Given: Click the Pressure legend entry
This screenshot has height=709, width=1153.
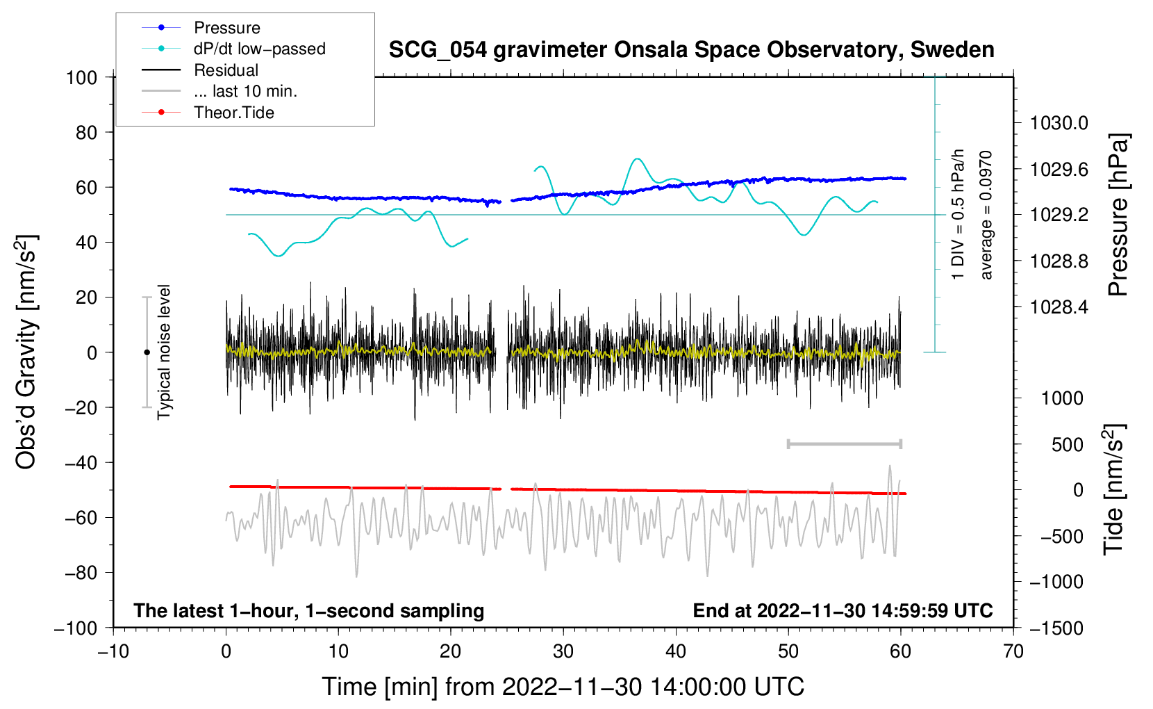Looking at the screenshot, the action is (201, 27).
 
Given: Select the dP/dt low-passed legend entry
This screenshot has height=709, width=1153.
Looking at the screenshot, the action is (233, 49).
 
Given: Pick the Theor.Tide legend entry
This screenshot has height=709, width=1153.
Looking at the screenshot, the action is (208, 113).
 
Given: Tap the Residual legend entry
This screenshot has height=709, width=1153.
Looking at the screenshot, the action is (200, 70).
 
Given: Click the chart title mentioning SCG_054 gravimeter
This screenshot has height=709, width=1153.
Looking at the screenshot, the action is (691, 50).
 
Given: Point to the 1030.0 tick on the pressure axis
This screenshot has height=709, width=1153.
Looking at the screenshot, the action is (1059, 123).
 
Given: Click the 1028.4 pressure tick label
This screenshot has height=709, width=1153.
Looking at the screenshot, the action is (1059, 307).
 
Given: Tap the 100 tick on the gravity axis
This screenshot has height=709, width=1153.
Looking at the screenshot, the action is (81, 78).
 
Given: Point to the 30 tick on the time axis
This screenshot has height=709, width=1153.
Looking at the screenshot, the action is (563, 651).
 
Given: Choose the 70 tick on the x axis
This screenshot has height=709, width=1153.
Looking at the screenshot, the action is (1013, 651).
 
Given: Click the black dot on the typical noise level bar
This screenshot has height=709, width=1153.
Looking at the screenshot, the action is (147, 352).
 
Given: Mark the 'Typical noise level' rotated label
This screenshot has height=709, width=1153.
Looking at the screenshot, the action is (164, 352).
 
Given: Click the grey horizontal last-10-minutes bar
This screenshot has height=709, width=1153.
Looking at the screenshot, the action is (844, 444).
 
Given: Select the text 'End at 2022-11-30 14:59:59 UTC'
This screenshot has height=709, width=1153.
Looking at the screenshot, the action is (843, 610).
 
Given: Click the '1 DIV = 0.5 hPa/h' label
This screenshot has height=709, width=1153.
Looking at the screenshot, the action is (957, 215).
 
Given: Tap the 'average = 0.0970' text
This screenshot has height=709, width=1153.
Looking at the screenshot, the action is (986, 215).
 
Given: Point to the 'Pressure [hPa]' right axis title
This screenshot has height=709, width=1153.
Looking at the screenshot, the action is (1118, 215).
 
